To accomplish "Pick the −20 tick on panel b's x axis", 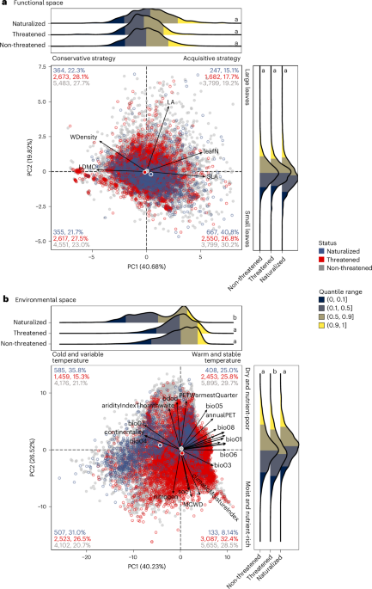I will [x=86, y=557].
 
